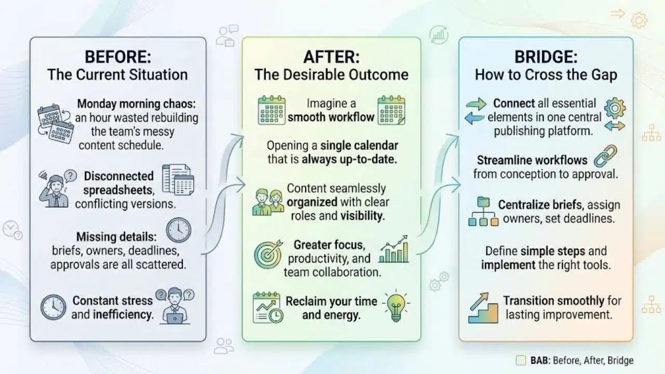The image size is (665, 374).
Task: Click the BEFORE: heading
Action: tap(118, 57)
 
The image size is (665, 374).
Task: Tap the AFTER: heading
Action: tap(331, 57)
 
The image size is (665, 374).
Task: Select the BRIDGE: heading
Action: tap(546, 57)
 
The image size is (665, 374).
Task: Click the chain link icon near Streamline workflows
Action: tap(606, 156)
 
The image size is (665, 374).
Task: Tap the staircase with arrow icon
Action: tap(483, 308)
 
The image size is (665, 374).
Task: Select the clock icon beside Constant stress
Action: tap(54, 307)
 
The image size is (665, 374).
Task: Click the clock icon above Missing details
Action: tap(178, 230)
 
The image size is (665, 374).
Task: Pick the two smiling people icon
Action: tap(268, 202)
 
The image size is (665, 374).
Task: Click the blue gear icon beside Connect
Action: tap(615, 108)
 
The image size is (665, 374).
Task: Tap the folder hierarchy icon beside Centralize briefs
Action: tap(483, 211)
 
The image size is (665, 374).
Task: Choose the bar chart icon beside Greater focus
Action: tap(394, 249)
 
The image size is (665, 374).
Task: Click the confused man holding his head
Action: tap(57, 189)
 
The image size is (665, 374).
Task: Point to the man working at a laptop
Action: tap(175, 306)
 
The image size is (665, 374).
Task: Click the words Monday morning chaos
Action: tap(137, 104)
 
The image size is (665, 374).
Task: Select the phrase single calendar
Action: tap(359, 145)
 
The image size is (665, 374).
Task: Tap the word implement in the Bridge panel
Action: tap(508, 265)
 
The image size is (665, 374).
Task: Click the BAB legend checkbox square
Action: tap(521, 360)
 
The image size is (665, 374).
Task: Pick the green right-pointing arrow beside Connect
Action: tap(476, 104)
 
